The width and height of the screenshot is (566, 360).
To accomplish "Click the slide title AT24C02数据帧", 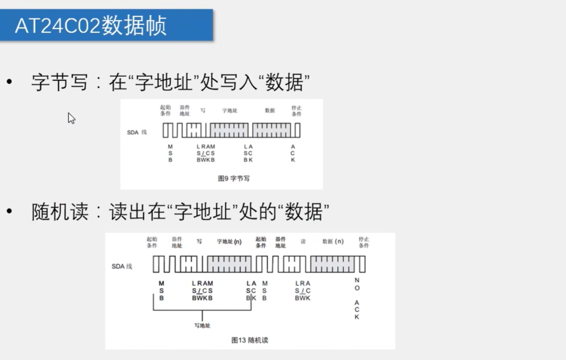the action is (x=90, y=25).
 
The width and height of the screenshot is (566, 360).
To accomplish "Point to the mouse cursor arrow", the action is (x=71, y=118).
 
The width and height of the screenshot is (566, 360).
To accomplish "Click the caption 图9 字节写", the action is (x=234, y=179).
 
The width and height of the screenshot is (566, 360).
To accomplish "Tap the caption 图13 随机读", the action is (x=250, y=340).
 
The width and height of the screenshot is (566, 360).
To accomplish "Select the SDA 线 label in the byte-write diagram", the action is (x=136, y=132).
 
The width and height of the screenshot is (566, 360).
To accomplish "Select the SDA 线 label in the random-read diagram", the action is (x=122, y=266).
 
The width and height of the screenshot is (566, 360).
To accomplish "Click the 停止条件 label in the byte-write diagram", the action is (x=296, y=110).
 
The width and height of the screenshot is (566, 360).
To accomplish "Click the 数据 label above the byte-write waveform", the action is (x=270, y=110).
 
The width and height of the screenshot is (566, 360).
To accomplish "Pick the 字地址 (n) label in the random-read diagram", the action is (x=229, y=242).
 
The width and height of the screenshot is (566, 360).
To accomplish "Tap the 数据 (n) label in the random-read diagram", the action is (x=333, y=242).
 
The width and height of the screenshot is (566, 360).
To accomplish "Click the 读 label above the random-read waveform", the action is (x=303, y=242).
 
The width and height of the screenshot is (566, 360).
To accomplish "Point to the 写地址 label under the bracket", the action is (x=202, y=326).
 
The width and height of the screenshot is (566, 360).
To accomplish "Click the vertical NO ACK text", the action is (x=357, y=299).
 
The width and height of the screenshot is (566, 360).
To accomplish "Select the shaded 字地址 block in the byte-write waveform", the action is (x=229, y=130).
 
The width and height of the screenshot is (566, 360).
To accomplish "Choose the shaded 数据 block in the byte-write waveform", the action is (x=271, y=130).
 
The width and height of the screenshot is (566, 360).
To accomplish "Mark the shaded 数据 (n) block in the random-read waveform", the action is (x=332, y=264).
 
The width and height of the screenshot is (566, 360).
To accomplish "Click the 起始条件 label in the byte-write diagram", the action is (x=166, y=110).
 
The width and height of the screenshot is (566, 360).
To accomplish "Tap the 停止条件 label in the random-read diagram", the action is (x=364, y=242).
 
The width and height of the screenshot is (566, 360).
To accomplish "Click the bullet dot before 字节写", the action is (x=9, y=82).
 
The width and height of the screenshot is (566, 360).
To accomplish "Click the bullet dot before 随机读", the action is (x=9, y=212).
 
